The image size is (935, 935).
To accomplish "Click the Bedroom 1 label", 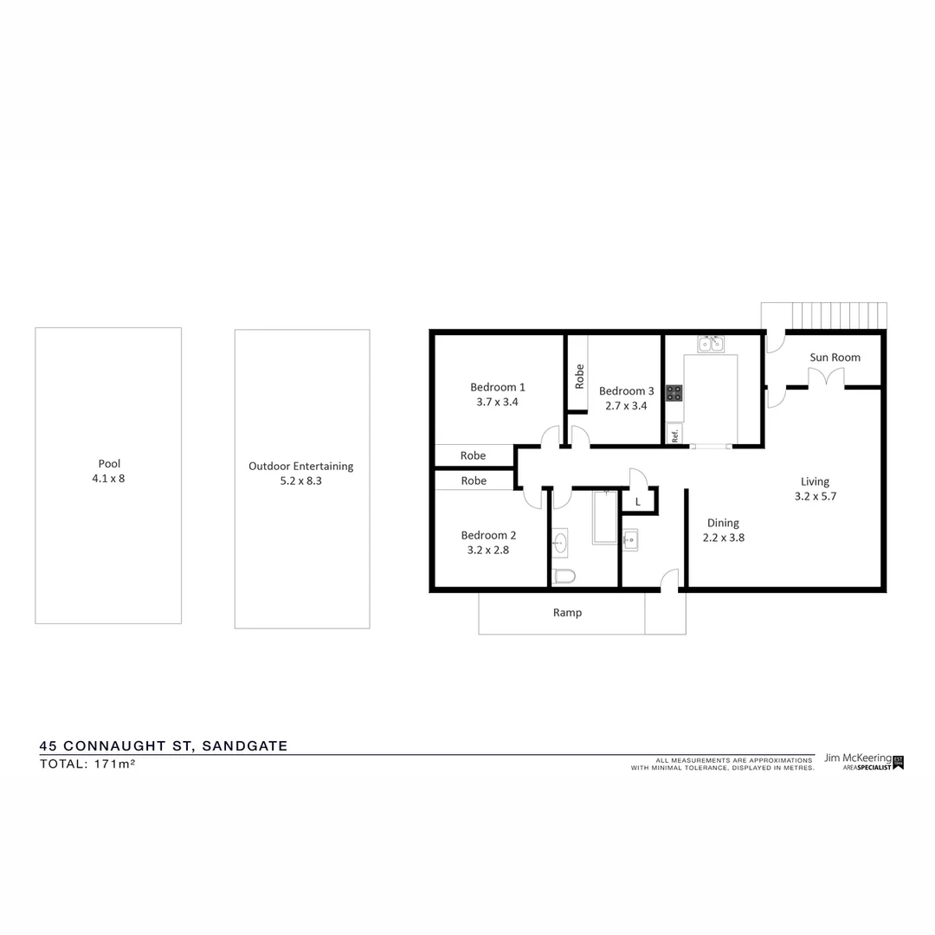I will (498, 387).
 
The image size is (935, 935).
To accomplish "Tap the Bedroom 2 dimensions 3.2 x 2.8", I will (488, 550).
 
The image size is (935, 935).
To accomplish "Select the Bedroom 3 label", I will (626, 391).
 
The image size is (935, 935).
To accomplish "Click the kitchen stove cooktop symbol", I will (674, 392).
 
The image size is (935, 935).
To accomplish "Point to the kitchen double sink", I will (711, 344).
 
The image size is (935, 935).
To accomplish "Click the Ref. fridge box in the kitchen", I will (674, 434).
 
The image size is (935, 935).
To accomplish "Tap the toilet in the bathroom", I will (564, 576).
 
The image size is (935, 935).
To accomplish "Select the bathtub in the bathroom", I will (604, 517).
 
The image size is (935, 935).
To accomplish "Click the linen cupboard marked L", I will (638, 501).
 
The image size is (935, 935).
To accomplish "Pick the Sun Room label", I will (835, 358).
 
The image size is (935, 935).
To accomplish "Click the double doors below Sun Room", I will (825, 378).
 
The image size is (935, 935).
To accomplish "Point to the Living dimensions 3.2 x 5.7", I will (815, 497).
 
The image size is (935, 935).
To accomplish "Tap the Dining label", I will (723, 523).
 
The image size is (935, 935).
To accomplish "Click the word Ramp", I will (567, 613).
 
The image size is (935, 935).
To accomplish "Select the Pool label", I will (108, 464).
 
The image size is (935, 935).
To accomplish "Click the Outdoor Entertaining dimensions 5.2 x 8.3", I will (300, 480).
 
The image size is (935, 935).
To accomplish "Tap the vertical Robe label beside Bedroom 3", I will (579, 376).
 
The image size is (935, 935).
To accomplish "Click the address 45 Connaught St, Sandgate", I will (164, 745).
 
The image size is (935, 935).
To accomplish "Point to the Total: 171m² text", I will (87, 764).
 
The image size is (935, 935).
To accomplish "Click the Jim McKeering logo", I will (863, 761).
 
